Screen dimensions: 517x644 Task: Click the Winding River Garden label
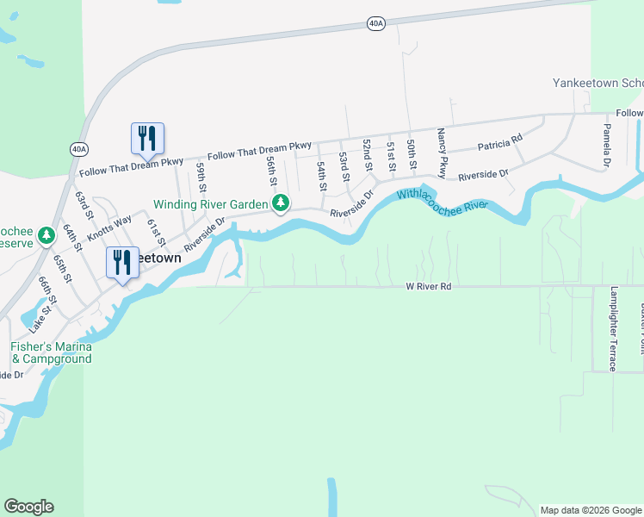(x=211, y=204)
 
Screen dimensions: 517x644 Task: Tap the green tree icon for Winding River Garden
(x=281, y=203)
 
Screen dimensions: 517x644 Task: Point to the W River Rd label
(x=429, y=285)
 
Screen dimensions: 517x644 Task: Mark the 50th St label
(x=412, y=153)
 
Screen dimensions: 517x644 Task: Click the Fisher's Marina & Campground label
(x=50, y=352)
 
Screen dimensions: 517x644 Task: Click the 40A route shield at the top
(x=375, y=23)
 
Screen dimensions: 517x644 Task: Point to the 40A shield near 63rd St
(x=79, y=149)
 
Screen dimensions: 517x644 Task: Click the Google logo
(x=28, y=507)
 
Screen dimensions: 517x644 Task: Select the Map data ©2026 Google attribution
(x=590, y=510)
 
